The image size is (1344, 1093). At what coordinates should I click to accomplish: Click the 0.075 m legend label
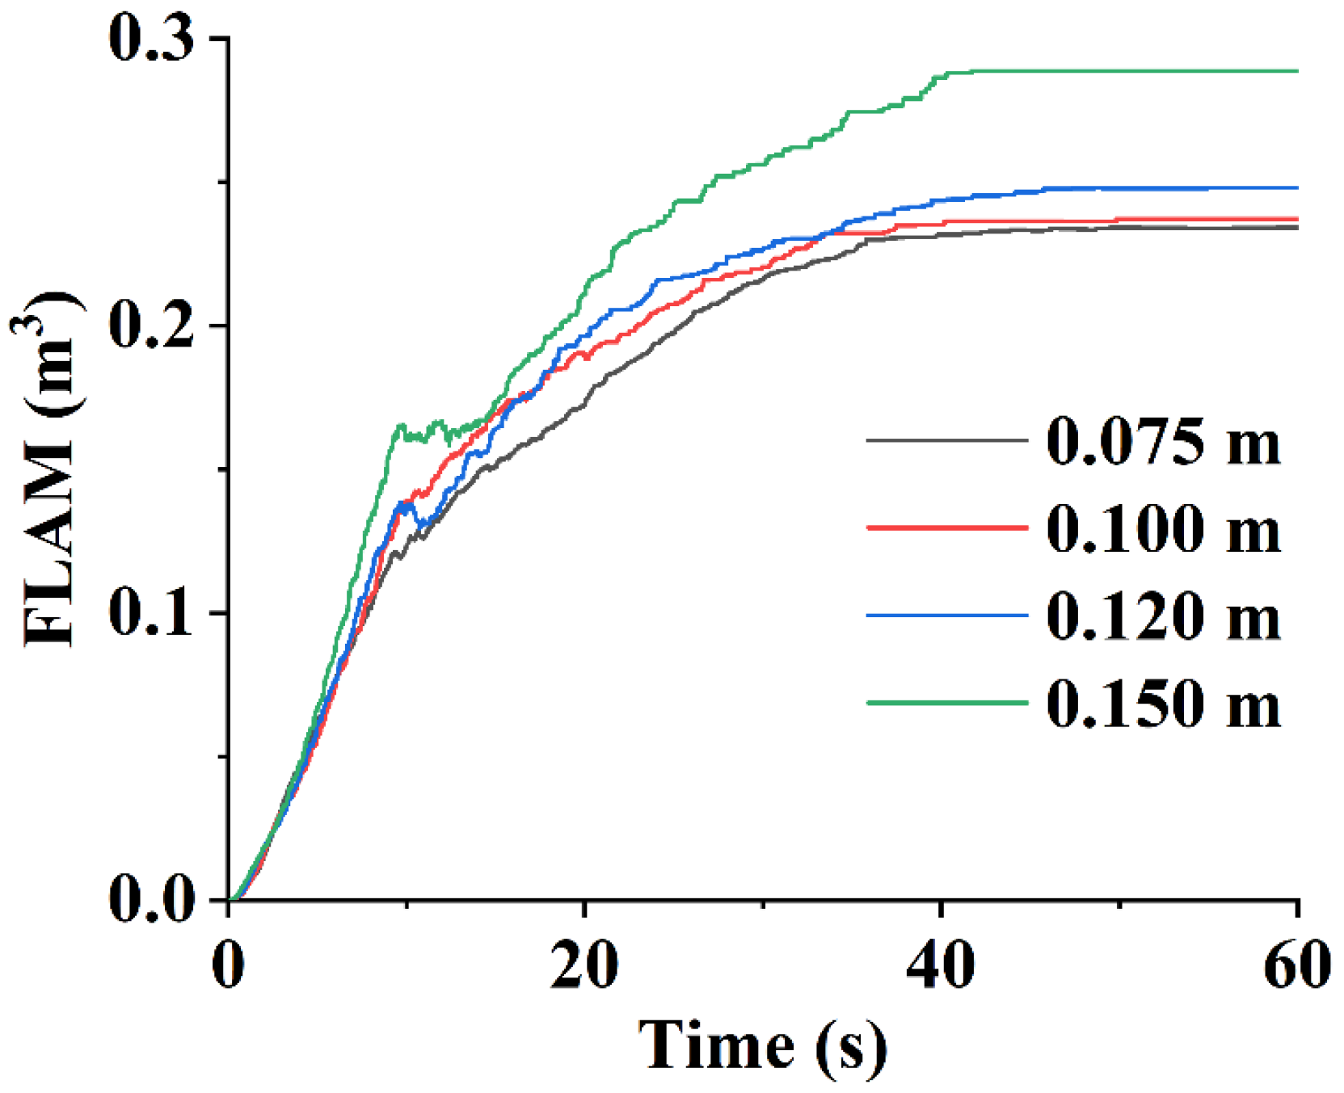tap(1163, 442)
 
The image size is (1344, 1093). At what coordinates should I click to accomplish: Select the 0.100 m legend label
tap(1163, 529)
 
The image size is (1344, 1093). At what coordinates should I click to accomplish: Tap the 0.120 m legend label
tap(1163, 616)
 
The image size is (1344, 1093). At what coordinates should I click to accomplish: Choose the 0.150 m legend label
tap(1163, 704)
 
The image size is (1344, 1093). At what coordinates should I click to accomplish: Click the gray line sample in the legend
tap(946, 441)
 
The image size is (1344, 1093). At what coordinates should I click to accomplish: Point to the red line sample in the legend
tap(946, 528)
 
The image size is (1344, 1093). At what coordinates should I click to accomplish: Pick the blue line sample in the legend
tap(946, 616)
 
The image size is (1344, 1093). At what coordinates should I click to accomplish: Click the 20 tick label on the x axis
tap(584, 965)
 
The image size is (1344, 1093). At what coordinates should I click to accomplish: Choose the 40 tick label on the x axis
tap(940, 965)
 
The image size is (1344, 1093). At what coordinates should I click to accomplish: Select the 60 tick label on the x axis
tap(1296, 965)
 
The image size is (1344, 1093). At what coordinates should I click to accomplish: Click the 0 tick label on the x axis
tap(229, 965)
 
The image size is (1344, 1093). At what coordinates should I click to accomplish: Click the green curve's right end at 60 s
tap(1296, 71)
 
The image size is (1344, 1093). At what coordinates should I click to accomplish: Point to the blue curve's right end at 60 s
tap(1296, 188)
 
